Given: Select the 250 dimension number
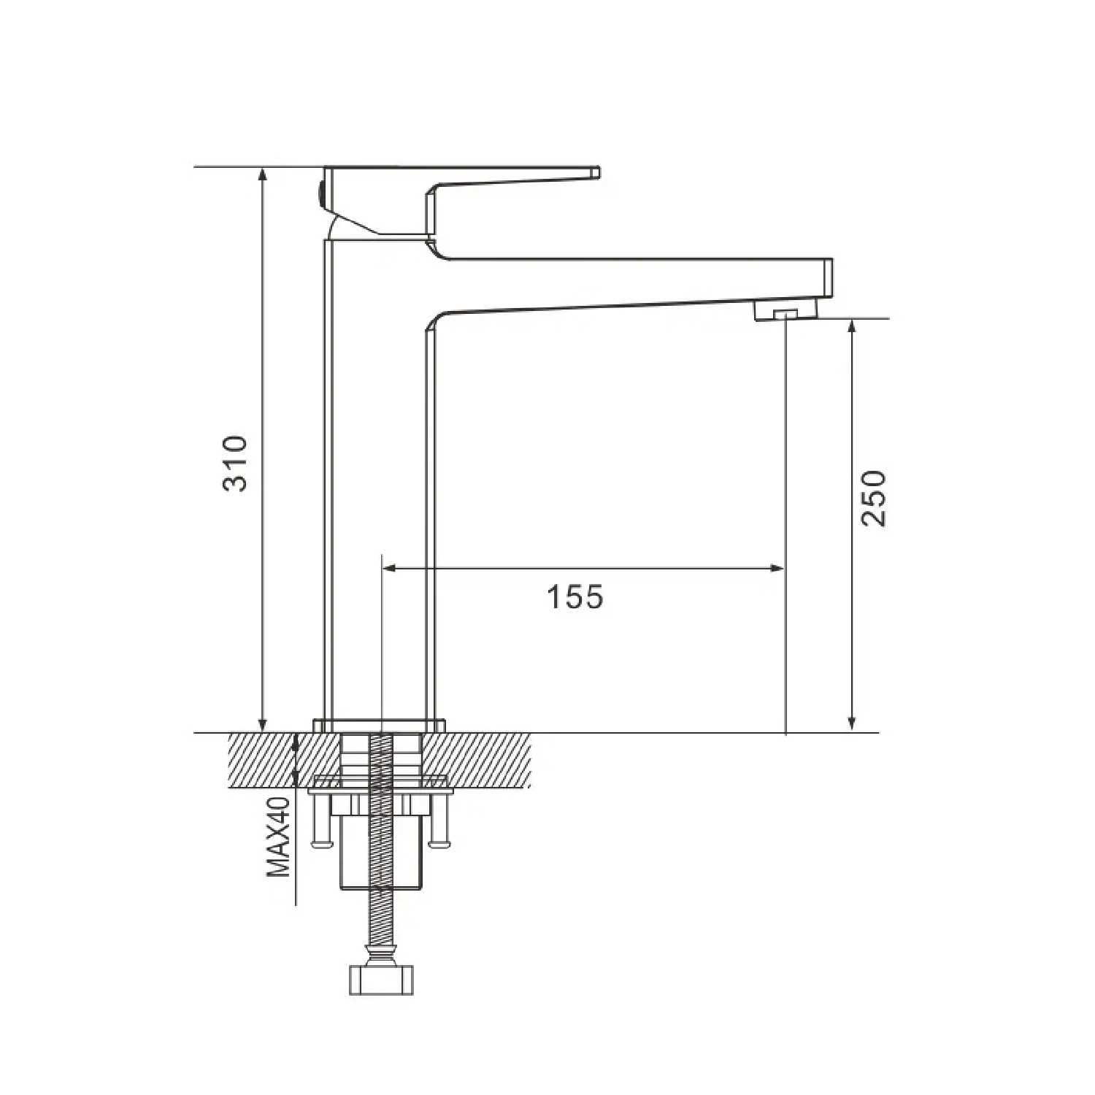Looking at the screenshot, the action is pyautogui.click(x=873, y=499).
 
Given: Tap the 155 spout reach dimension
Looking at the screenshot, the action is pyautogui.click(x=575, y=597).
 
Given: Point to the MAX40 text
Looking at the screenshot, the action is pyautogui.click(x=278, y=837).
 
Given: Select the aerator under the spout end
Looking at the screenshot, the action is pyautogui.click(x=785, y=313).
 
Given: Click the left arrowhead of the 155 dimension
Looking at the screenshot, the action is pyautogui.click(x=390, y=568).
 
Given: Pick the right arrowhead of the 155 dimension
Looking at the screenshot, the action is pyautogui.click(x=777, y=568).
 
